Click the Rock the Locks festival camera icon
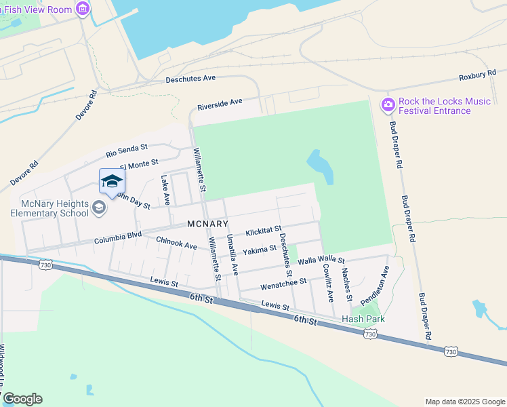(x=388, y=104)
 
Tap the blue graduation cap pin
(x=112, y=181)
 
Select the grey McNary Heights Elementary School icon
(x=100, y=207)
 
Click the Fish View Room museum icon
(x=82, y=8)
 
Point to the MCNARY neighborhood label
(x=208, y=224)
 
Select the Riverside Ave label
(x=220, y=104)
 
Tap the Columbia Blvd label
(x=118, y=239)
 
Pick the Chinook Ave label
(x=176, y=241)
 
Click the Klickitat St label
(x=263, y=232)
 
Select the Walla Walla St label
(x=321, y=260)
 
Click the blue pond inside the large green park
(x=321, y=166)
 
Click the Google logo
(x=22, y=399)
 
